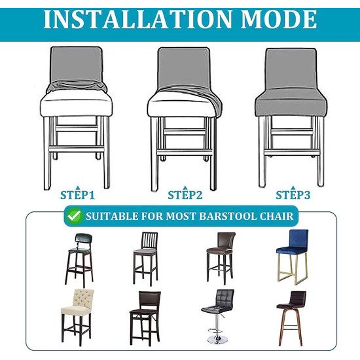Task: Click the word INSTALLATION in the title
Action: click(137, 19)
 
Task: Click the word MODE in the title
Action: click(279, 19)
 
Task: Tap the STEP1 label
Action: click(78, 195)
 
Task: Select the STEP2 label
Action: click(185, 195)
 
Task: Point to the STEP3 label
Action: click(293, 195)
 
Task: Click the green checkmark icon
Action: click(75, 216)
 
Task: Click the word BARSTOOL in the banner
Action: click(227, 216)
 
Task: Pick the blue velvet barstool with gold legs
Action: click(293, 257)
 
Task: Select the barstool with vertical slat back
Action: click(145, 259)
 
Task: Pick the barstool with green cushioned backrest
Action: click(79, 260)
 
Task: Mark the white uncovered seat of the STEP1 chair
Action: click(76, 103)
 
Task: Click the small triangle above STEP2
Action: click(185, 188)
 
